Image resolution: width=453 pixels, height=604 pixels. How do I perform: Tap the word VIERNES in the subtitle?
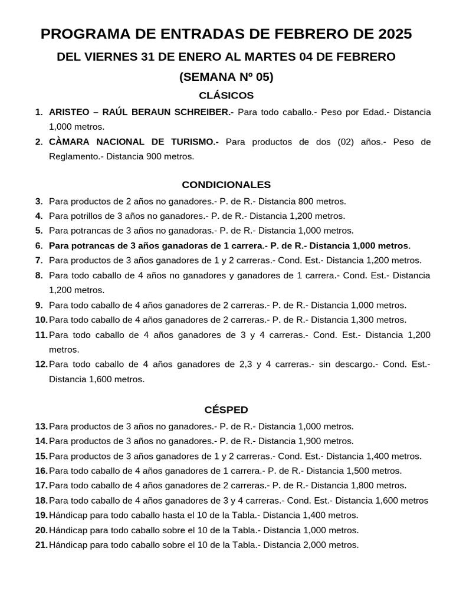pos(112,57)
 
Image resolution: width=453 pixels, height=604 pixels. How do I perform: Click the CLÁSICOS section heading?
pos(226,96)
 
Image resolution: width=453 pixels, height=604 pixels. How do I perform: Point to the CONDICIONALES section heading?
pos(226,185)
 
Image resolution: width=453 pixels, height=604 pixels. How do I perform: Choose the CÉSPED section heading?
pos(226,409)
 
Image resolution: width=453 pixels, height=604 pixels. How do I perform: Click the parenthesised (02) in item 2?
pos(343,142)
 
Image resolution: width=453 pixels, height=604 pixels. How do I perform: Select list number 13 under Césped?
pos(41,426)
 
